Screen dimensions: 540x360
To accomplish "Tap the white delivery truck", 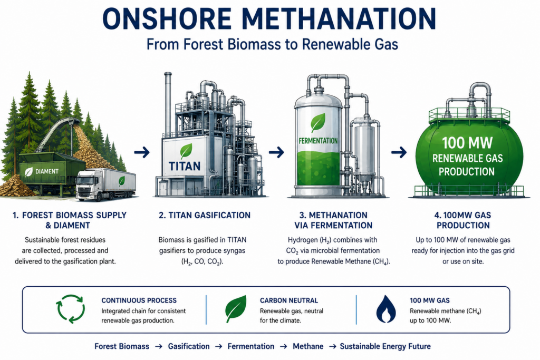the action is click(x=105, y=184).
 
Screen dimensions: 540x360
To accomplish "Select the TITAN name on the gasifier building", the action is click(x=185, y=166).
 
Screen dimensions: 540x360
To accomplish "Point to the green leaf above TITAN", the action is click(x=186, y=151).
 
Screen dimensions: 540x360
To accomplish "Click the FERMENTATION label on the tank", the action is click(x=318, y=141).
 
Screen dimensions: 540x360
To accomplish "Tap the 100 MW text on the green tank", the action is click(x=467, y=143).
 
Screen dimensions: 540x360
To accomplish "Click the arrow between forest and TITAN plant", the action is click(x=142, y=152).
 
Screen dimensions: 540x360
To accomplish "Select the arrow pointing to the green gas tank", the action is click(x=399, y=152).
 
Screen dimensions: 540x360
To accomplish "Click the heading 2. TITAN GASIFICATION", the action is click(x=205, y=216).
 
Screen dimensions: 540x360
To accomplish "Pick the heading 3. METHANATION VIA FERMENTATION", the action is click(x=333, y=220).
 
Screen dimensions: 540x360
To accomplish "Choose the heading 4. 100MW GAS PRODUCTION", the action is click(x=463, y=220).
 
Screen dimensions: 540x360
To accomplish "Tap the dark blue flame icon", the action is click(x=386, y=309).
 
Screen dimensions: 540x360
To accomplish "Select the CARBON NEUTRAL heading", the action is click(x=289, y=300).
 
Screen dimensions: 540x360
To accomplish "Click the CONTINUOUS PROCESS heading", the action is click(x=139, y=300).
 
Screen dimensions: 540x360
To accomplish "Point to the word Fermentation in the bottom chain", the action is click(x=251, y=346).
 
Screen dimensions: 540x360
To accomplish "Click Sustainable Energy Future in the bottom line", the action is click(x=385, y=346).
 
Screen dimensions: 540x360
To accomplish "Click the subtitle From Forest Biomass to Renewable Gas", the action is click(x=272, y=45).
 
